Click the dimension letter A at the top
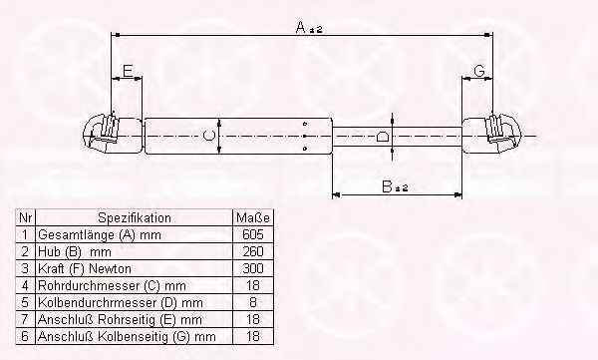pos(301,27)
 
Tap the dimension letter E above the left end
pos(128,71)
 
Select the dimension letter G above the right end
pos(478,71)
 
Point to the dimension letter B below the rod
pos(387,187)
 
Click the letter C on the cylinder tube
pos(208,136)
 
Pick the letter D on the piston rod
pos(382,137)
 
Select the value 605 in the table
pos(253,234)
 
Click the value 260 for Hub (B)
pos(253,251)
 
